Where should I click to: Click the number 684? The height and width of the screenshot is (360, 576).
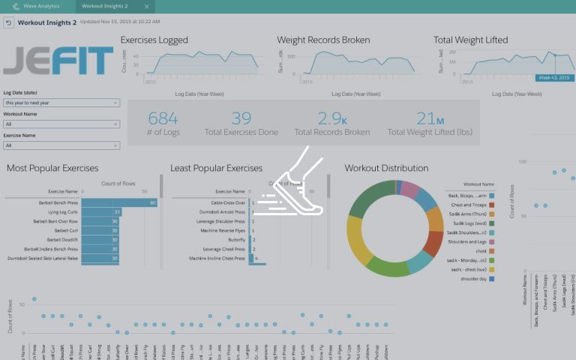pos(163,118)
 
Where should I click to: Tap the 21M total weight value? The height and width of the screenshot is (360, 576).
pos(430,118)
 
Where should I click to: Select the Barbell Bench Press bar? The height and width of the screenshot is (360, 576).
pos(120,202)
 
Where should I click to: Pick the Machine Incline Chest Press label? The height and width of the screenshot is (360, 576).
pos(217,258)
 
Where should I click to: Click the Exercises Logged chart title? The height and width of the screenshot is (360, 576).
pos(154,40)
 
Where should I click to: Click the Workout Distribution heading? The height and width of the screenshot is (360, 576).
pos(386,168)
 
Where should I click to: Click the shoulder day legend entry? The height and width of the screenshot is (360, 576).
pos(468,278)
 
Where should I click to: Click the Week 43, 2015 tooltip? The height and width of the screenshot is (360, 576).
pos(554,78)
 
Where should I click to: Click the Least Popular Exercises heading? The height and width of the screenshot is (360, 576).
pos(216,168)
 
